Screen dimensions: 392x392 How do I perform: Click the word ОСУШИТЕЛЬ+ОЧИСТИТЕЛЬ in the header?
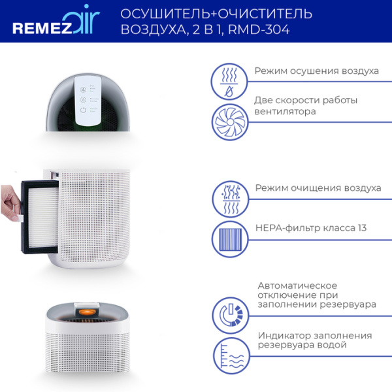(216, 14)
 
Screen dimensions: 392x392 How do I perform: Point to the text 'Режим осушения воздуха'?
(316, 71)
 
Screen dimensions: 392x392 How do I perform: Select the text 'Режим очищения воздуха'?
(318, 188)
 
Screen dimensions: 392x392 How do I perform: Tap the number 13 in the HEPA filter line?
(361, 228)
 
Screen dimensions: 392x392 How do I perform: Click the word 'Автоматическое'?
(297, 286)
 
